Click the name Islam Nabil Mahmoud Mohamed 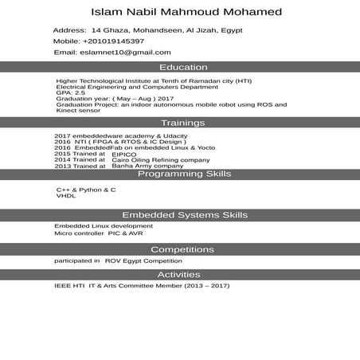[186, 13]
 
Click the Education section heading [183, 68]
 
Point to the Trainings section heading [183, 123]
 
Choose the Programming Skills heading [184, 174]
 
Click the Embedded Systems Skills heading [184, 215]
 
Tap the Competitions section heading [182, 249]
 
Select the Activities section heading [183, 275]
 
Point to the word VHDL [65, 196]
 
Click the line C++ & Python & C [86, 190]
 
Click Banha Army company [142, 166]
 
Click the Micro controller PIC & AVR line [99, 234]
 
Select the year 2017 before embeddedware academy [63, 135]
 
